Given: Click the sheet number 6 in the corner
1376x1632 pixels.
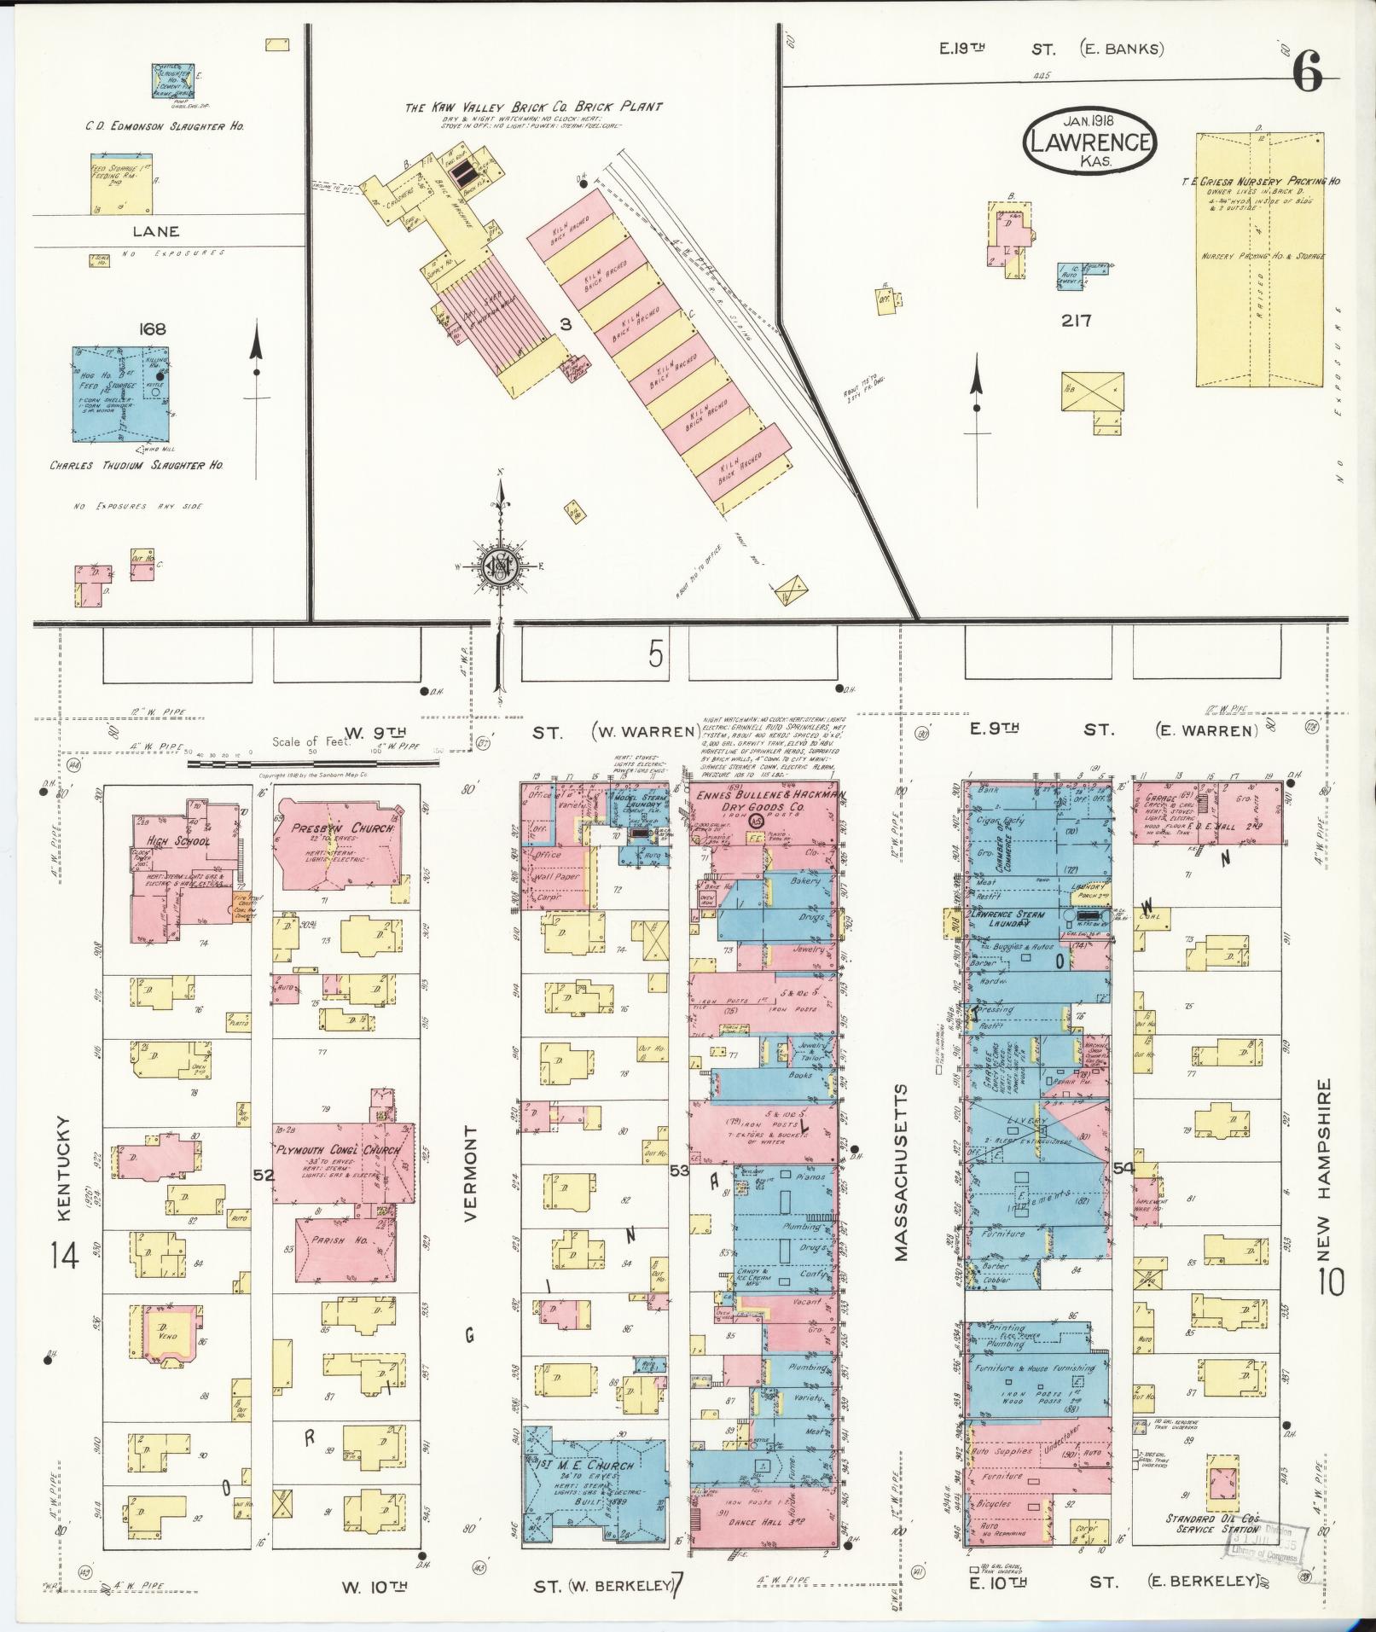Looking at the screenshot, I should pos(1307,73).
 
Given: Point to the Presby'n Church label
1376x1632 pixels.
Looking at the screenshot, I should pos(342,828).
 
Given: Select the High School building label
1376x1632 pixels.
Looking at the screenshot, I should pos(178,841).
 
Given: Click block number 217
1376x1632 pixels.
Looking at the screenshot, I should pos(1076,321).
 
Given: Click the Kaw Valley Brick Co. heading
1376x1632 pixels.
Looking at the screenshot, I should pos(533,107).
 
